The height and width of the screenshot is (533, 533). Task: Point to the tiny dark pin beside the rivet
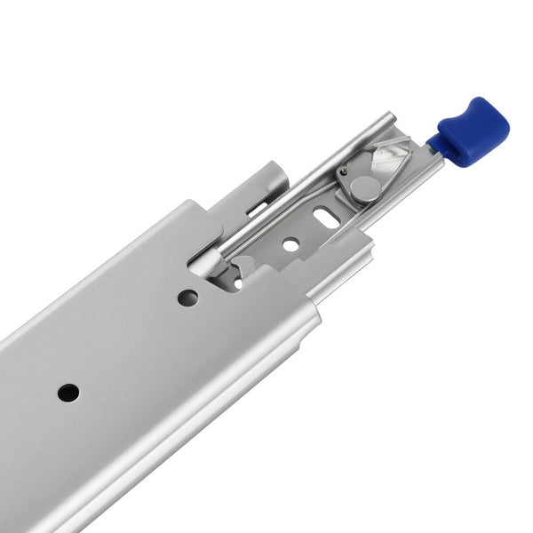343,171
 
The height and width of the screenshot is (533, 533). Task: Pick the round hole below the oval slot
291,242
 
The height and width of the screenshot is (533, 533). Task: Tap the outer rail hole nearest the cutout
187,298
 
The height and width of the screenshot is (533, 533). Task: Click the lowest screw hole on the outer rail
68,392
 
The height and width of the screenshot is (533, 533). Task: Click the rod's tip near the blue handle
391,117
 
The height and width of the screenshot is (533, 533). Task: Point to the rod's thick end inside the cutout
203,261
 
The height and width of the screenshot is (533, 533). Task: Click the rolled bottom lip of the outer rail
178,444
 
